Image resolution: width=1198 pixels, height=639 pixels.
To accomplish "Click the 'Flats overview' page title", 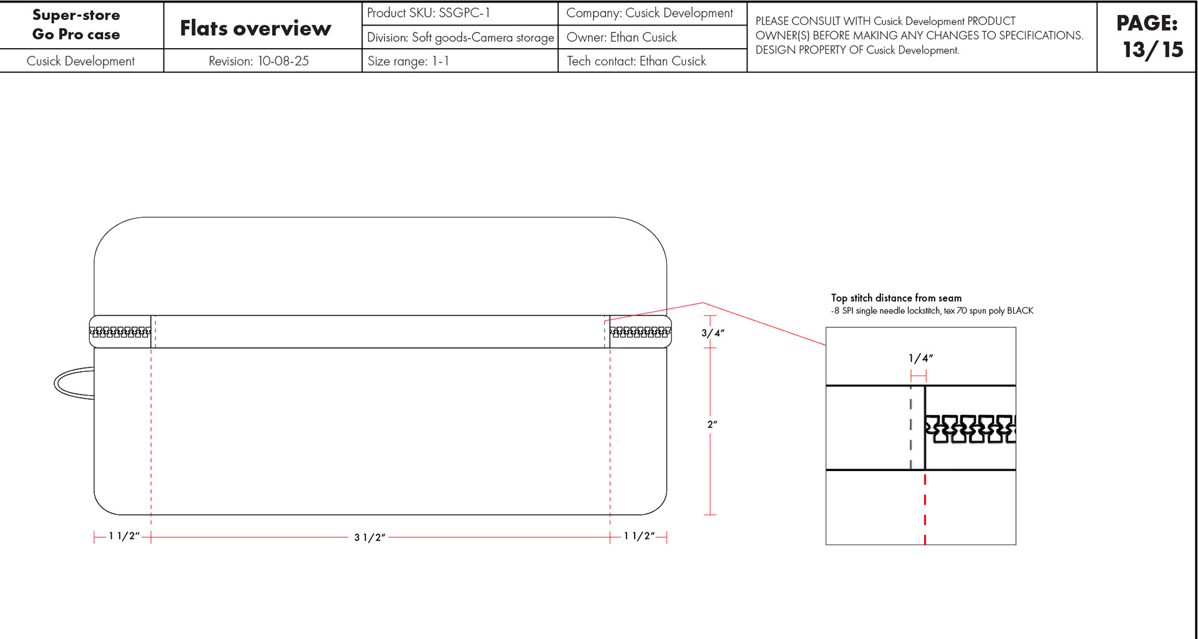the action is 255,28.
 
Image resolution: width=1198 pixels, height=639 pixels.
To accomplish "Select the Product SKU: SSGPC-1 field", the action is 429,13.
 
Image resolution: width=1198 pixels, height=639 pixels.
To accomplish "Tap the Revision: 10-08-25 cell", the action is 258,61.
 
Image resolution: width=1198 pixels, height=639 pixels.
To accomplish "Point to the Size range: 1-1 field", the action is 408,61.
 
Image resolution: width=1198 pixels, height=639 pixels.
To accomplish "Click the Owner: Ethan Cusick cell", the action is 621,37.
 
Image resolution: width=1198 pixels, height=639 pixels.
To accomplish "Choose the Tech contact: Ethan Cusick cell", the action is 636,61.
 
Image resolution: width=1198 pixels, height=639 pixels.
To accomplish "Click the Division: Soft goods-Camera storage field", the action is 460,37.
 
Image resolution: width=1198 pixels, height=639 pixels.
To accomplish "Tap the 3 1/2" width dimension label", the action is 369,537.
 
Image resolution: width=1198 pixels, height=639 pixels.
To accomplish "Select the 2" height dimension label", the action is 712,424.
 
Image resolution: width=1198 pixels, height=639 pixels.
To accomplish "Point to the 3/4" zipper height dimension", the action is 713,333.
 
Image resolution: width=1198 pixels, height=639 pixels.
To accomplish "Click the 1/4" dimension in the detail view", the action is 920,358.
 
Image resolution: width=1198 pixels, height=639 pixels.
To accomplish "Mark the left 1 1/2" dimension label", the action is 124,536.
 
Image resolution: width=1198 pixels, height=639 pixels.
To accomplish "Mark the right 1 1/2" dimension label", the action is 639,536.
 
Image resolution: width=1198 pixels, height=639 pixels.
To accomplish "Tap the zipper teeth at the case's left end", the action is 120,332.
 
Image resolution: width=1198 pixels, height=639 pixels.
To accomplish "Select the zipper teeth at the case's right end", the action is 640,332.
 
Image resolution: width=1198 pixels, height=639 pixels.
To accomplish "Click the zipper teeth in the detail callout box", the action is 970,429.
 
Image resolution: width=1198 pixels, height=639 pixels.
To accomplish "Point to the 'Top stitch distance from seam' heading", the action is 896,298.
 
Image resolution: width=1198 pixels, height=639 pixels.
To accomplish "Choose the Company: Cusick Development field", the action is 649,13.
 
